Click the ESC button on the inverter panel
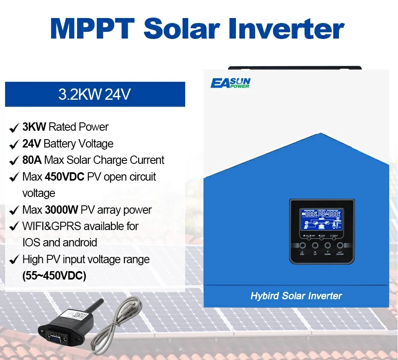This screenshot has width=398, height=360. coord(302,246)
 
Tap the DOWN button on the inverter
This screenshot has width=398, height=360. coord(327,246)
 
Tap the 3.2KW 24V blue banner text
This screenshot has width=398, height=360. coord(95,94)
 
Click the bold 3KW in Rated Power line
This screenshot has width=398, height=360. coord(34,127)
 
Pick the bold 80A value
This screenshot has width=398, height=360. coord(32,160)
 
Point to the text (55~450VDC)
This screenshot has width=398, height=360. coord(54,276)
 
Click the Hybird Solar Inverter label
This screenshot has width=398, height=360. coord(296,296)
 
